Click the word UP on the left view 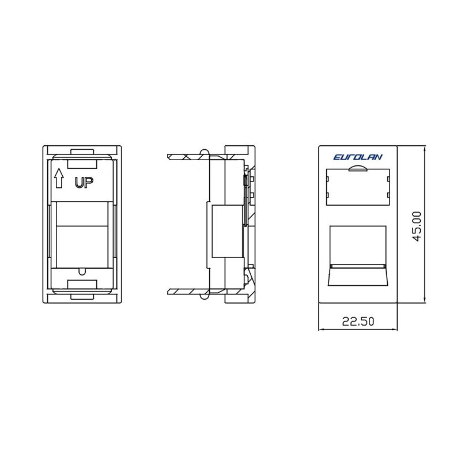coord(84,183)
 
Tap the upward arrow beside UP coord(59,178)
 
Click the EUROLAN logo coord(358,157)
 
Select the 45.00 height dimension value coord(417,226)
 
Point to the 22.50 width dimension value coord(358,322)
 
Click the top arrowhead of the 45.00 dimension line coord(424,150)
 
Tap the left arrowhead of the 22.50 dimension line coord(323,329)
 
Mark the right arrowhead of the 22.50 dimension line coord(394,329)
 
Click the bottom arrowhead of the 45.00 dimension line coord(424,298)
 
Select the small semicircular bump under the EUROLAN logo coord(358,168)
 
